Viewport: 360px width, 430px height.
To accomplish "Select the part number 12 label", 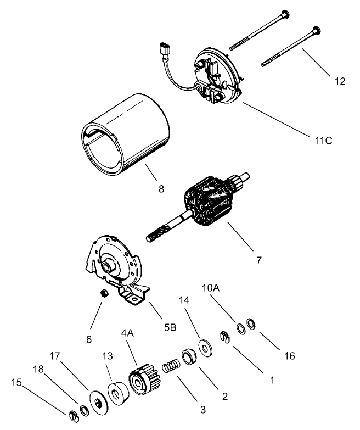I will pos(340,81).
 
